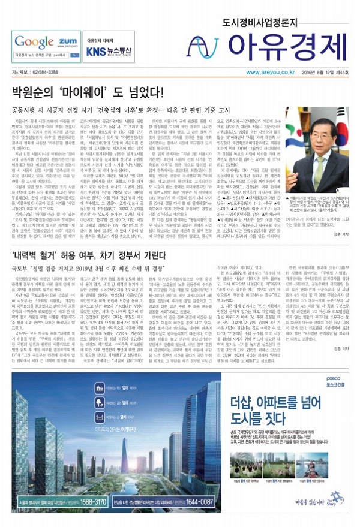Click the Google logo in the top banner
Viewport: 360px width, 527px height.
point(35,41)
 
